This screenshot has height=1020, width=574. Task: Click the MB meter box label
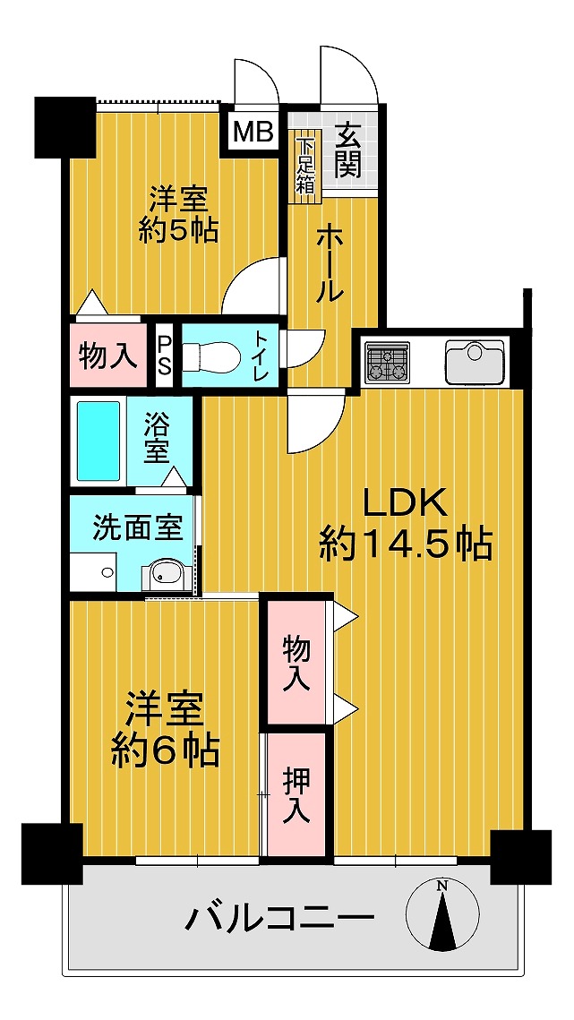[253, 133]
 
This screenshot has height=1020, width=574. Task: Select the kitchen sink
[475, 362]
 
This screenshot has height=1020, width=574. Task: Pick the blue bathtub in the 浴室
[99, 441]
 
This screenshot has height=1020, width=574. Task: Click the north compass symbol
[441, 914]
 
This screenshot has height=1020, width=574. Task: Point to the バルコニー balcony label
[281, 919]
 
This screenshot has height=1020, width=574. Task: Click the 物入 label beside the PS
[108, 356]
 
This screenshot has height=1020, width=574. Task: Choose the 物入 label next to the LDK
[296, 663]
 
